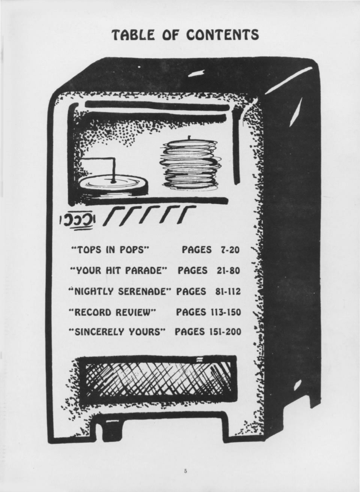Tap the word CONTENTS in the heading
(x=222, y=35)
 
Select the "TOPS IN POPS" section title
(x=110, y=250)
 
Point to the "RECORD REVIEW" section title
(x=113, y=312)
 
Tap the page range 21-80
(x=228, y=271)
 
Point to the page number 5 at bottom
(x=185, y=471)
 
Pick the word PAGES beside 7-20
(x=196, y=250)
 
